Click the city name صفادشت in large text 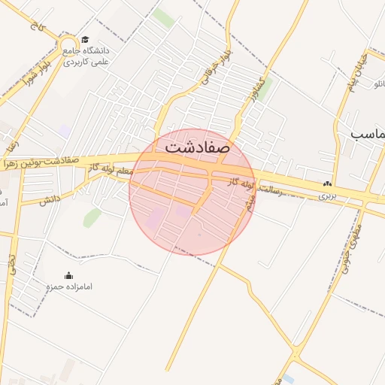point(196,146)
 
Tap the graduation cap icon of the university point(85,40)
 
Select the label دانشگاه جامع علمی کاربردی point(86,56)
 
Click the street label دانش point(50,200)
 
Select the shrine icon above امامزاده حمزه point(69,275)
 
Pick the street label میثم point(251,202)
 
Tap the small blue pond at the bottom point(287,378)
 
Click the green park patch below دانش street point(92,218)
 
